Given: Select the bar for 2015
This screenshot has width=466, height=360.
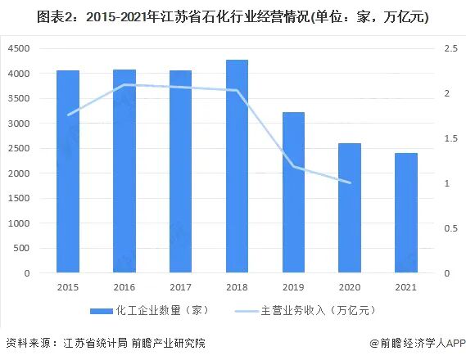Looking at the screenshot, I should (x=68, y=172).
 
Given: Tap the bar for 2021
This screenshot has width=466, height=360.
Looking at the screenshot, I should (x=405, y=213).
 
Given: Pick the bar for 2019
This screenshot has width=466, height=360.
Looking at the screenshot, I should (x=293, y=192).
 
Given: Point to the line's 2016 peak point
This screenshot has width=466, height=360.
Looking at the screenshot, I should (x=124, y=85).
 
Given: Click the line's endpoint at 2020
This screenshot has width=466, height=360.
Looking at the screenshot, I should (x=350, y=182).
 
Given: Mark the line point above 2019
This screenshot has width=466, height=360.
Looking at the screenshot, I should (x=293, y=167).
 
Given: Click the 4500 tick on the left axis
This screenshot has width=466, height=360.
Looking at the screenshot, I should (x=19, y=49).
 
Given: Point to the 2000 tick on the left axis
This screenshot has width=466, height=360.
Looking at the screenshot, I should (x=19, y=173).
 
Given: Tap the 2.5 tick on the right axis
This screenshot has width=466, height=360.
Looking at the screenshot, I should (x=451, y=49).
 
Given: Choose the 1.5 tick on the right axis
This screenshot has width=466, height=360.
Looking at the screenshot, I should (x=451, y=139).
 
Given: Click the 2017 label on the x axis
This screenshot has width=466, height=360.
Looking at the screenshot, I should (x=180, y=287).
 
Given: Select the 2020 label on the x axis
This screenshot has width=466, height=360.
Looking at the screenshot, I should (x=350, y=287).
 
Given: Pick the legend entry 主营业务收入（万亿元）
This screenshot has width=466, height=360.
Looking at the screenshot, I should (x=308, y=312).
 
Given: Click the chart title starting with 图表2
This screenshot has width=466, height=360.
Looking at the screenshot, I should (x=233, y=16).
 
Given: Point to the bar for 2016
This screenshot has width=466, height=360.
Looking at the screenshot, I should (x=124, y=171).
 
